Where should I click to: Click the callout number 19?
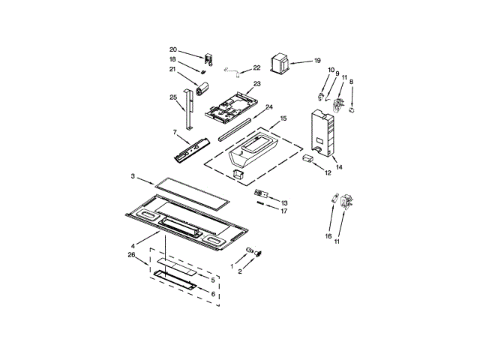point(316,61)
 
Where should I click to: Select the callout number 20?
point(172,50)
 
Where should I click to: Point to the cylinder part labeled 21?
point(200,91)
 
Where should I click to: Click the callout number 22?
point(256,68)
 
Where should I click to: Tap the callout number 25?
point(173,97)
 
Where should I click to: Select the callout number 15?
point(283,118)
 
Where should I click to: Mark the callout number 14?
point(339,167)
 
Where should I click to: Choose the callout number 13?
point(284,203)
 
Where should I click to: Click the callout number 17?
point(284,211)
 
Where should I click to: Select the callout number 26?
point(132,255)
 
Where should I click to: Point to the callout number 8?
point(352,82)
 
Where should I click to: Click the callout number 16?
point(328,235)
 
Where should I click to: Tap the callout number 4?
point(133,245)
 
